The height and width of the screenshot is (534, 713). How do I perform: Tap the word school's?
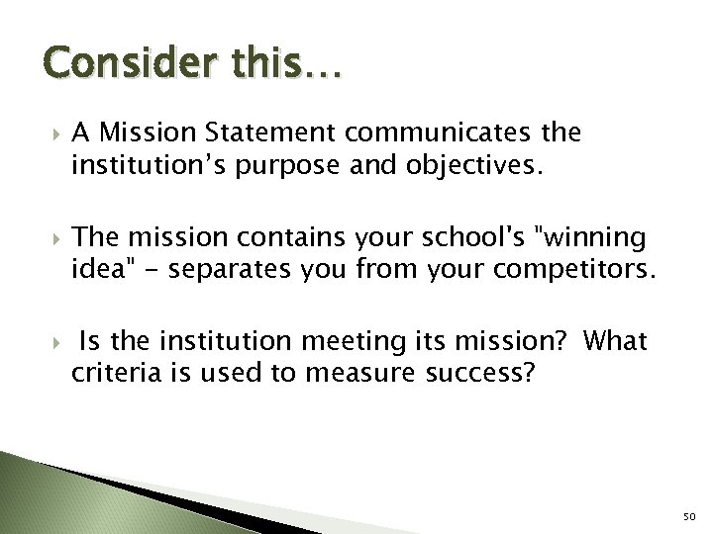(x=425, y=238)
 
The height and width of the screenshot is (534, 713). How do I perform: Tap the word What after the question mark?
(x=616, y=342)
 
